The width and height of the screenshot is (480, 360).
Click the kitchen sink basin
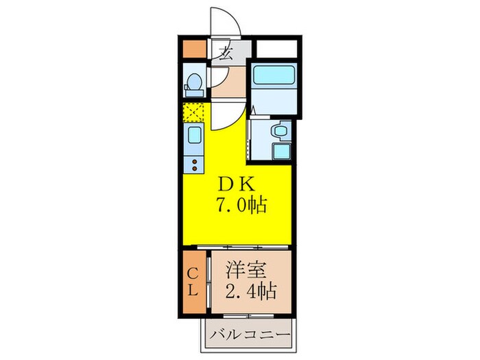pos(194,134)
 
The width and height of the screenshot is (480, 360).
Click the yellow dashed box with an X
pos(193,110)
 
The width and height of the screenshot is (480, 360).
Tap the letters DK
pos(235,184)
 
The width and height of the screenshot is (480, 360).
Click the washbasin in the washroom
pos(280,130)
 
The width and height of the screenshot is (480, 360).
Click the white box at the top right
pos(276,49)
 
